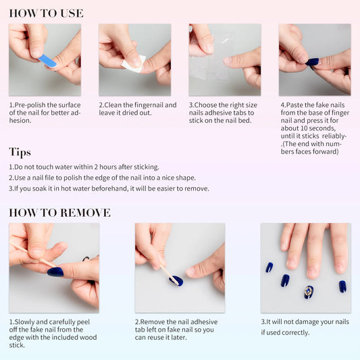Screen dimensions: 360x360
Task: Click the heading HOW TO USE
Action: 46,13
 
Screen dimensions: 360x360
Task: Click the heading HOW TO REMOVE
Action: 59,213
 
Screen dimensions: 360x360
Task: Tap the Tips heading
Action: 20,152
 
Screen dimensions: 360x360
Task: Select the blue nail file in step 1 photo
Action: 47,61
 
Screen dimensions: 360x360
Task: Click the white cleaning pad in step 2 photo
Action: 133,64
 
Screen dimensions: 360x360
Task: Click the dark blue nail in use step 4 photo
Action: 312,61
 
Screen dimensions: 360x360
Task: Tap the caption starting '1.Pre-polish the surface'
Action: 45,113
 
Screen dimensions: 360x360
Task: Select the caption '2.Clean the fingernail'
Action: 138,109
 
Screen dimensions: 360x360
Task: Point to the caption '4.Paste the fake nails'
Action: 314,128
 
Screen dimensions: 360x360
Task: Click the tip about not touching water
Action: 84,167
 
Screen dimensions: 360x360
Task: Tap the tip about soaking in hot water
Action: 109,188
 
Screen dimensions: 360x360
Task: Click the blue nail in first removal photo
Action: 55,272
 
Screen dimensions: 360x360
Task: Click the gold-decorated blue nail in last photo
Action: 308,292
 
